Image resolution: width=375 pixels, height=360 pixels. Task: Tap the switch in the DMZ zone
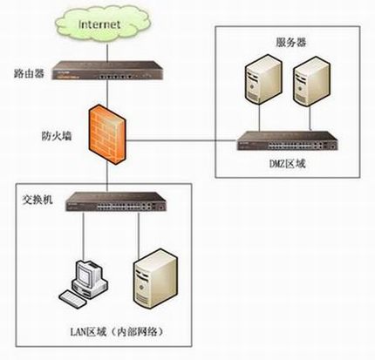click(x=291, y=139)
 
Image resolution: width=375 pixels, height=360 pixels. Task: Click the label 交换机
click(x=37, y=199)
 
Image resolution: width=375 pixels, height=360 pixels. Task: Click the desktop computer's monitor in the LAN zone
click(x=85, y=275)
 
